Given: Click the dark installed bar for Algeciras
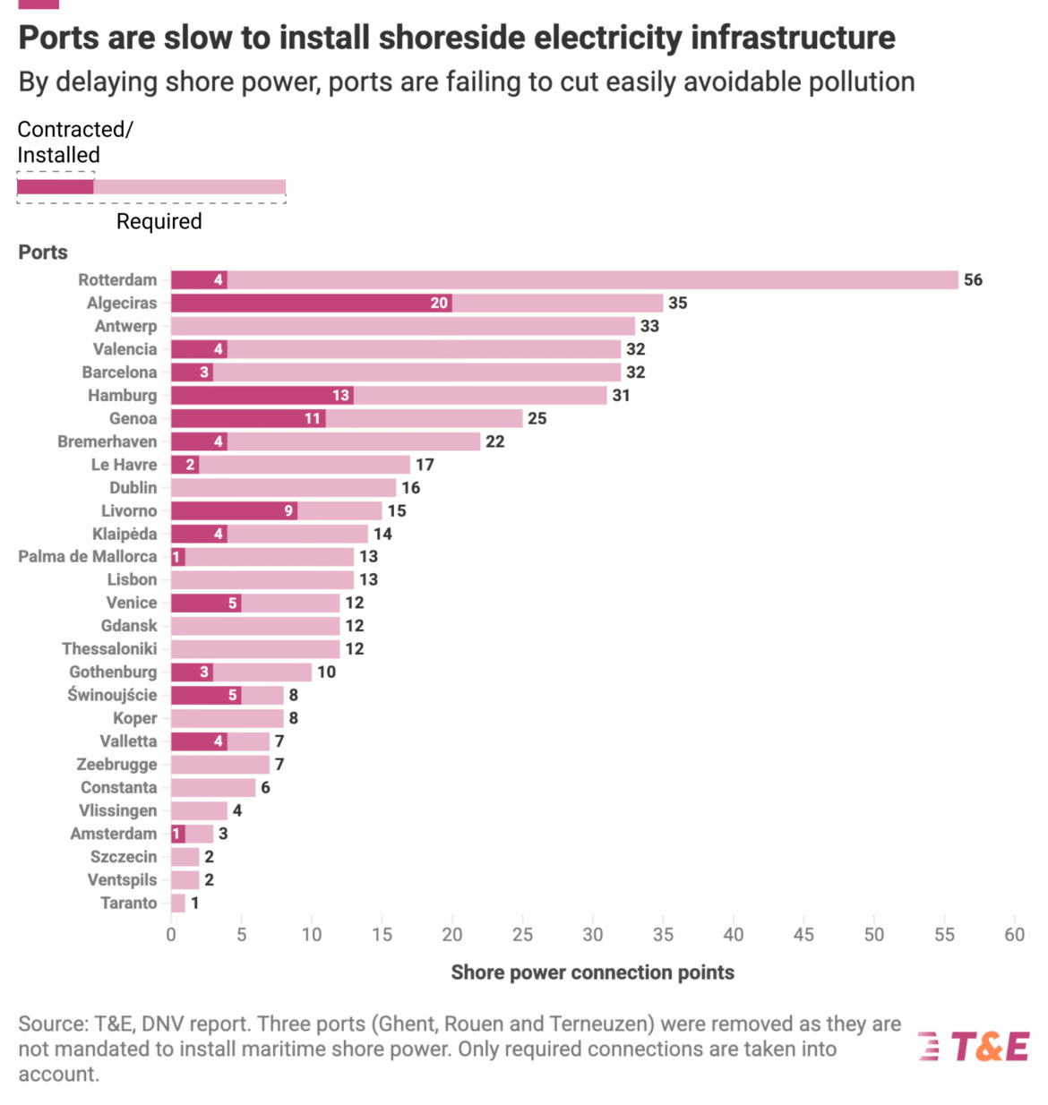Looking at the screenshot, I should [x=311, y=303].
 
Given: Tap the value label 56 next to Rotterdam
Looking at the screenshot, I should [x=973, y=280].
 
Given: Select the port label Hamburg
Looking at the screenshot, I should [x=122, y=395].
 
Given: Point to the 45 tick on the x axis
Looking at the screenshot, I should [x=803, y=935].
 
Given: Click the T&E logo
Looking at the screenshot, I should [x=975, y=1046].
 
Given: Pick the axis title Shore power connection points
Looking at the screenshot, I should [x=592, y=972].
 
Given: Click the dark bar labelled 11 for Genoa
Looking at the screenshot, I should [x=248, y=418].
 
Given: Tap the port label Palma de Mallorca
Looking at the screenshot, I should [x=87, y=556].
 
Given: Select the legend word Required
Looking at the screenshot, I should [x=159, y=221].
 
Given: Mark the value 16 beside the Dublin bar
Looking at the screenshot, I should [x=410, y=488].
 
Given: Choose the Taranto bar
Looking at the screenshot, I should [x=178, y=903].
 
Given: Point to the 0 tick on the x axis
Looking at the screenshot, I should [x=171, y=935].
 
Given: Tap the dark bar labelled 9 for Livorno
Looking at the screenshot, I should [x=234, y=510].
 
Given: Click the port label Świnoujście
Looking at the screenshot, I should [x=112, y=695].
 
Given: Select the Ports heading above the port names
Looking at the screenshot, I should [x=43, y=253].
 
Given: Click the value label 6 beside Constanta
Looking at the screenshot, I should [x=265, y=787].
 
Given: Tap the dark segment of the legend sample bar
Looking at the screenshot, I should [x=56, y=187].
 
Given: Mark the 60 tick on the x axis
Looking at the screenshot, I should [x=1014, y=935].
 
